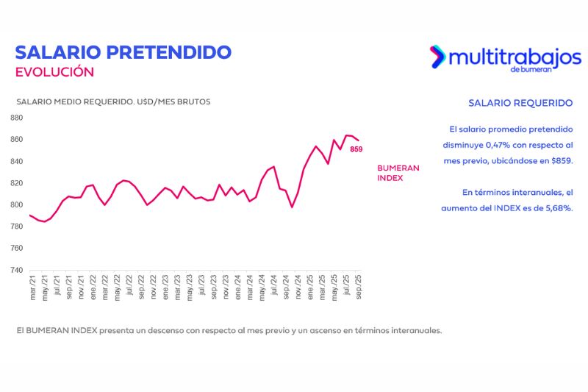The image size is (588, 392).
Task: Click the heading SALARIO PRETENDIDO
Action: (x=123, y=52)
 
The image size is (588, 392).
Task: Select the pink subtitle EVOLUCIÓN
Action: (x=54, y=72)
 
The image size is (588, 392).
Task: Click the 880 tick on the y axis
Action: (x=16, y=118)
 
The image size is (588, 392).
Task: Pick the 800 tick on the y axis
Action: (x=16, y=205)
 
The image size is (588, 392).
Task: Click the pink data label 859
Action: (x=356, y=149)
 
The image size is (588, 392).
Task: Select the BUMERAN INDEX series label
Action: (x=398, y=173)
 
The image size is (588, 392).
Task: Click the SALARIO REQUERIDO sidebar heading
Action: (x=520, y=103)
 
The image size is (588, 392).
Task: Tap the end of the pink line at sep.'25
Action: (x=359, y=140)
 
